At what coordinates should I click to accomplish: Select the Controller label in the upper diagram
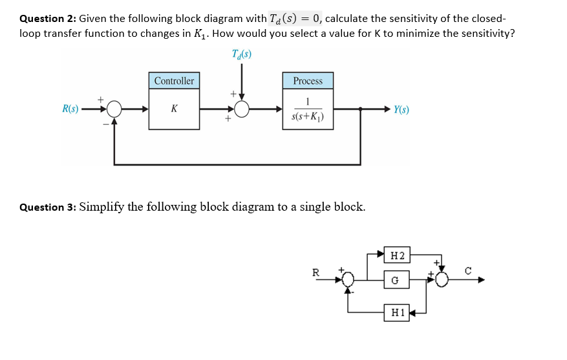(174, 81)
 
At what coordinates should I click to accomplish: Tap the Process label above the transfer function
(308, 81)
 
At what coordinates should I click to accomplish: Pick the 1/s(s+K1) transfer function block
(308, 109)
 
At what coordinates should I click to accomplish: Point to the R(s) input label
(70, 109)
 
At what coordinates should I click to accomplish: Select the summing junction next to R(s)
(114, 109)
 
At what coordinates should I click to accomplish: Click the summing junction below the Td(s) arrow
(242, 109)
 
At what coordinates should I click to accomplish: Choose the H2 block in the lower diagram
(396, 255)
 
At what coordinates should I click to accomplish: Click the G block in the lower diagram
(396, 280)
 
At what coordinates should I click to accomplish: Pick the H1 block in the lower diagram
(396, 312)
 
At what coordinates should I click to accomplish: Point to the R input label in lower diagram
(316, 272)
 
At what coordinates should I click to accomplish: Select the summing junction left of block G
(348, 280)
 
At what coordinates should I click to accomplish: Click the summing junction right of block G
(442, 280)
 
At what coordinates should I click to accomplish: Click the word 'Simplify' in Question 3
(103, 207)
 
